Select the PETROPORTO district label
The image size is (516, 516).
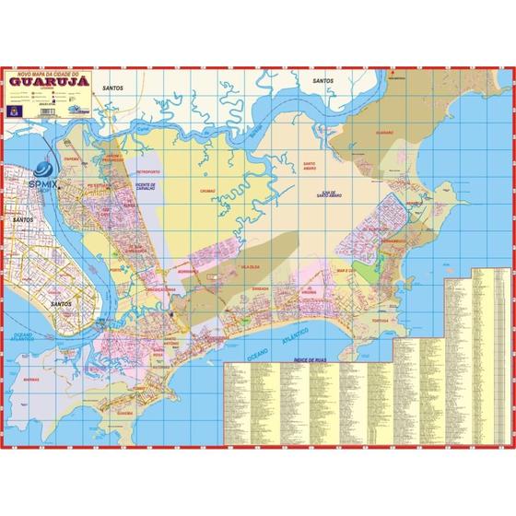(x=148, y=172)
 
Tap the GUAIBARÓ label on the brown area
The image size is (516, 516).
(x=385, y=134)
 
